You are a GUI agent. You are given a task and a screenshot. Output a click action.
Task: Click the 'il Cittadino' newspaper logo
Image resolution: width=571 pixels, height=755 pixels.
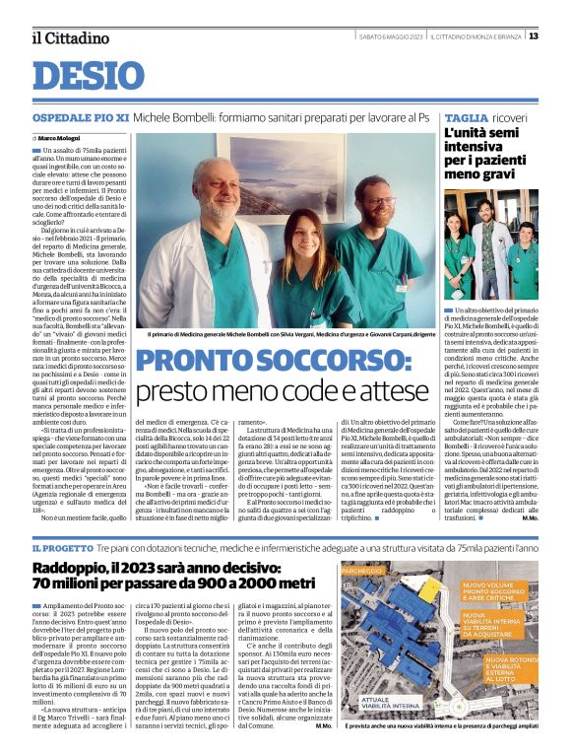(x=70, y=37)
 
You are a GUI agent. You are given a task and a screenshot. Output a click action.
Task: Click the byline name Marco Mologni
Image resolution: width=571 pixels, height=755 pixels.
(x=61, y=139)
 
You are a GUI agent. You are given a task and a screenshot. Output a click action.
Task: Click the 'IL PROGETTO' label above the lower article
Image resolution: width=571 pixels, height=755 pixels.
(x=63, y=547)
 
